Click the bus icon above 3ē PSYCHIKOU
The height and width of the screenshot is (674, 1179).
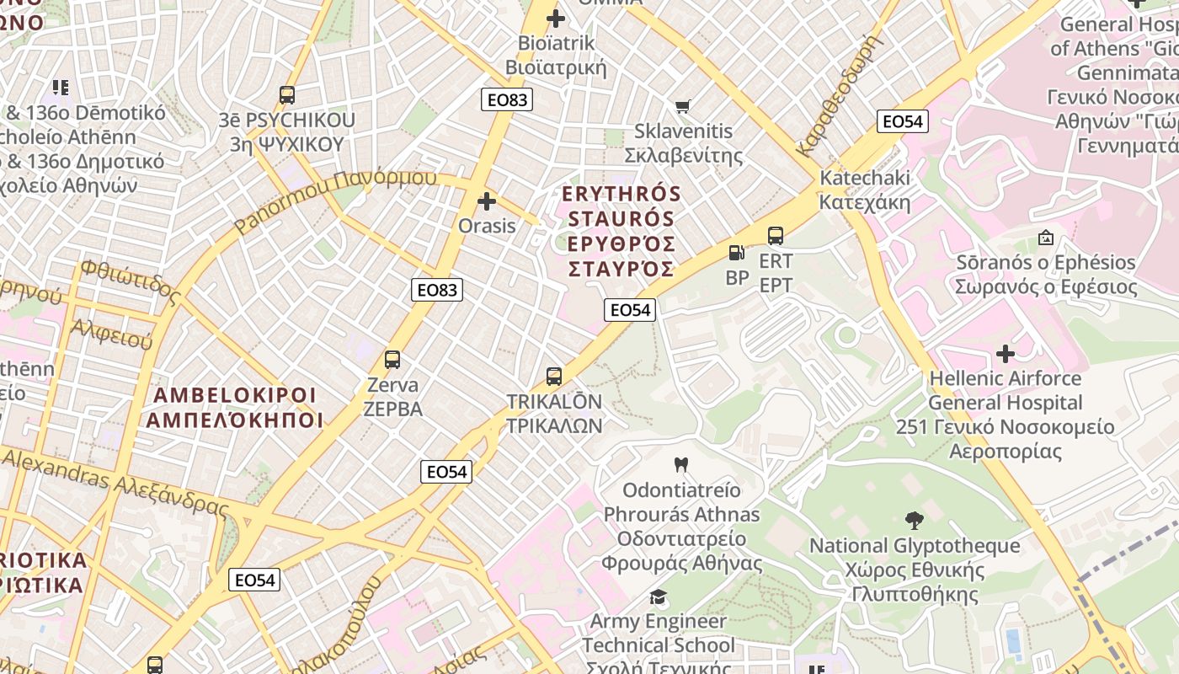click(x=287, y=95)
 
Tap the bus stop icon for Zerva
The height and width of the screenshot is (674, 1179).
click(x=392, y=360)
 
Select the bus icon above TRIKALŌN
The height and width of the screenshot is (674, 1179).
click(x=554, y=377)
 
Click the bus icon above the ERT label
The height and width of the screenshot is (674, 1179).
click(x=776, y=236)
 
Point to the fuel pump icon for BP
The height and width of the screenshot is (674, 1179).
click(x=736, y=253)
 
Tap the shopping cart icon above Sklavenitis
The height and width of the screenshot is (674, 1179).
click(x=683, y=106)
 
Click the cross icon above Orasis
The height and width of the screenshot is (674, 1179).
click(x=487, y=201)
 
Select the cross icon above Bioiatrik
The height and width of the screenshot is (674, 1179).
click(x=556, y=18)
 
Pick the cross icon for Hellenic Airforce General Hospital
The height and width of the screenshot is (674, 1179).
click(x=1006, y=353)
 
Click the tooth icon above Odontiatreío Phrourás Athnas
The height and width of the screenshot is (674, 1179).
click(x=682, y=464)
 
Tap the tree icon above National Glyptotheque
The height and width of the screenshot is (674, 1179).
click(x=915, y=520)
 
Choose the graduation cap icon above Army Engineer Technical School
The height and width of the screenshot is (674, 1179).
click(x=658, y=597)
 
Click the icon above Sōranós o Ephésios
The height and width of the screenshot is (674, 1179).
click(x=1046, y=238)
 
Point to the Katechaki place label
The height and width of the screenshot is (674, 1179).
click(x=865, y=190)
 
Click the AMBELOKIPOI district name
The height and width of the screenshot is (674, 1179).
click(x=235, y=408)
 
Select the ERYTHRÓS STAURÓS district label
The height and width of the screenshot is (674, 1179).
click(x=621, y=232)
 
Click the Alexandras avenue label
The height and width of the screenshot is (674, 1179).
click(x=115, y=483)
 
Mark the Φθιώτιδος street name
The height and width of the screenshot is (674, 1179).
click(x=131, y=282)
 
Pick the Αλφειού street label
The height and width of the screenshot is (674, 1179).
click(x=111, y=334)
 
